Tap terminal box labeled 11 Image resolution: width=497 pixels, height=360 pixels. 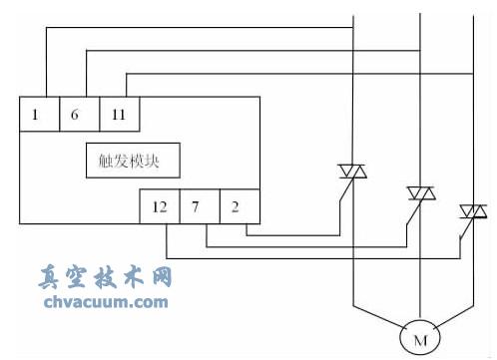(x=119, y=114)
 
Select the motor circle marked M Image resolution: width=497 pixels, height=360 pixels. (x=419, y=341)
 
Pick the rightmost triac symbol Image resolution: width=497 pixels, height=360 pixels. (x=472, y=211)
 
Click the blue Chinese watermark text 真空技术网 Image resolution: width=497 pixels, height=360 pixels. (x=104, y=276)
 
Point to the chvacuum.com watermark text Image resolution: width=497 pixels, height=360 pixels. (x=104, y=300)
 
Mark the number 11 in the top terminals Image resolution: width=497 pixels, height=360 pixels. (x=119, y=114)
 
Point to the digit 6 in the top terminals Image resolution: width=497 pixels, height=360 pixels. (x=75, y=114)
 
